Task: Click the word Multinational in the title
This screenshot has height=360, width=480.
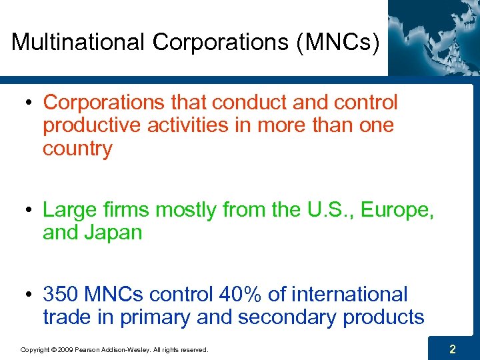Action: (x=78, y=42)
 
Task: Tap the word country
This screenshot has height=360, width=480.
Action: (x=77, y=149)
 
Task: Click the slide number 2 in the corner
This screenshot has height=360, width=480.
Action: (x=452, y=349)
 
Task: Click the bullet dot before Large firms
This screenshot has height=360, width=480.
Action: (x=30, y=211)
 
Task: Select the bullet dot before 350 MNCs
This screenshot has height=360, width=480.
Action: (x=30, y=295)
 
